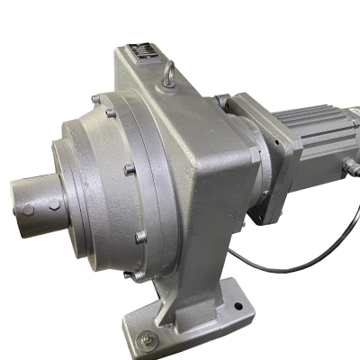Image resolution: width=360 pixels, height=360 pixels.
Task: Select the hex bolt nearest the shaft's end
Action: [28, 211]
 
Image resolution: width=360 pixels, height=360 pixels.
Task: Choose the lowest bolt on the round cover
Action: [141, 238]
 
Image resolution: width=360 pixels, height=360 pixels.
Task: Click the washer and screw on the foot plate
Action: [146, 338]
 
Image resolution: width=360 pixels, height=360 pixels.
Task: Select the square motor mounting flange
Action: [256, 157]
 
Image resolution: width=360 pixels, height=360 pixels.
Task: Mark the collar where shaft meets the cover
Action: [63, 193]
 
